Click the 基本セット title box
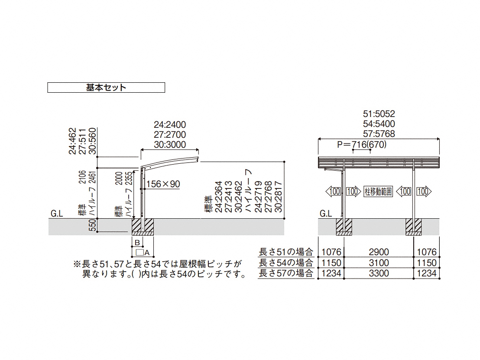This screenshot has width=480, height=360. tap(106, 88)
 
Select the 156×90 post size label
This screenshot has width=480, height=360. tap(163, 184)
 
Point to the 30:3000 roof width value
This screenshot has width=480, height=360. tap(170, 144)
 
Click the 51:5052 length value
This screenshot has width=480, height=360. tap(379, 114)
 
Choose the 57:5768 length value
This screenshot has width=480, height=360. tap(379, 134)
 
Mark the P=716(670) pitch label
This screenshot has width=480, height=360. tap(361, 145)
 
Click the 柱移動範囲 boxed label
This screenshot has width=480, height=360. tap(378, 191)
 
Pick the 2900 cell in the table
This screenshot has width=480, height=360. tap(379, 252)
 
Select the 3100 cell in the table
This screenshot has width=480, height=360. tap(379, 263)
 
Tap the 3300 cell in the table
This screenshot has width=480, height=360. tap(379, 273)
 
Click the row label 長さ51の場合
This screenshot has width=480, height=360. tap(286, 252)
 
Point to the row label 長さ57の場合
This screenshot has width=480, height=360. tap(286, 273)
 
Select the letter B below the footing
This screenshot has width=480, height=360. tap(136, 242)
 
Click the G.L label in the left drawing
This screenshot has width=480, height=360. tap(57, 214)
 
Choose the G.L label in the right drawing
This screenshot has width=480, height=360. tap(326, 214)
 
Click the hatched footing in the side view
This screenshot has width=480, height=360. tap(143, 227)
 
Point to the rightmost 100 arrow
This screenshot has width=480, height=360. tap(424, 191)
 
